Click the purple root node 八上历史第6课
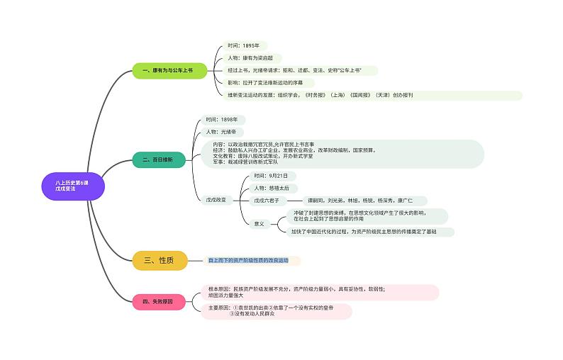pyautogui.click(x=74, y=186)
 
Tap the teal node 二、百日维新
pyautogui.click(x=158, y=160)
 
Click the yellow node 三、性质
pyautogui.click(x=160, y=261)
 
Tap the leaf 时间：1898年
pyautogui.click(x=222, y=120)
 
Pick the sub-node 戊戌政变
pyautogui.click(x=216, y=201)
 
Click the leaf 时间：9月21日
pyautogui.click(x=270, y=175)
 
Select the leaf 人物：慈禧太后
pyautogui.click(x=271, y=188)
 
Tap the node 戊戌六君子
pyautogui.click(x=270, y=201)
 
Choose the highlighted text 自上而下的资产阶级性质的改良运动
pyautogui.click(x=249, y=261)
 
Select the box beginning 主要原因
pyautogui.click(x=276, y=311)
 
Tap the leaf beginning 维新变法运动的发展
pyautogui.click(x=319, y=95)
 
